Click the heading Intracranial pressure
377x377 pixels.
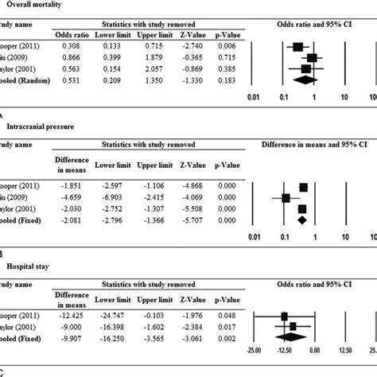[41, 126]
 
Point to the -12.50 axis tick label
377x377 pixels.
[284, 351]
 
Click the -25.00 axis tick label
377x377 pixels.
[254, 351]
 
